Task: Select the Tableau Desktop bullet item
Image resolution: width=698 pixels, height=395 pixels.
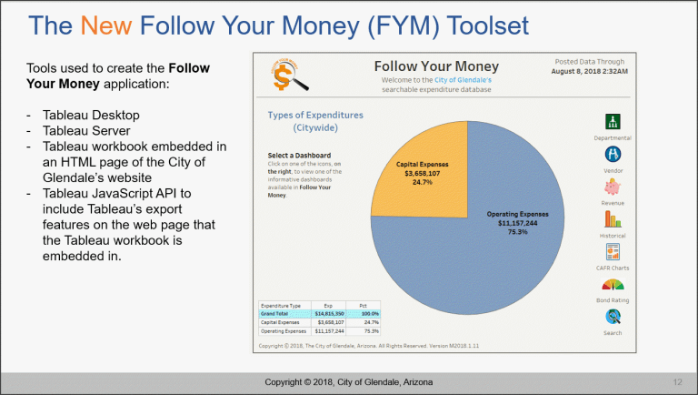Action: [x=83, y=116]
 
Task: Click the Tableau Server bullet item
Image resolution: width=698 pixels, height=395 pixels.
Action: [x=79, y=131]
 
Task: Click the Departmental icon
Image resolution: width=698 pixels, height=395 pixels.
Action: [x=613, y=122]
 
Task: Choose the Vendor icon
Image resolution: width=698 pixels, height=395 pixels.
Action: [x=613, y=154]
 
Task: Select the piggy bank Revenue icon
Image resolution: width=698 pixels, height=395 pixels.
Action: [x=613, y=187]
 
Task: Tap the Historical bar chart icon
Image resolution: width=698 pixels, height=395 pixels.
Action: [x=613, y=218]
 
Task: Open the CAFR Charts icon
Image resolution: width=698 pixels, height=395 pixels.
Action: [x=613, y=251]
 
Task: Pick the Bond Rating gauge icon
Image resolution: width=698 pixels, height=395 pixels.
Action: [x=613, y=284]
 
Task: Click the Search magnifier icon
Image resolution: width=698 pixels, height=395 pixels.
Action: [x=613, y=317]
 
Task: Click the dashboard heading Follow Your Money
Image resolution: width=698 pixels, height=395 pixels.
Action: [x=435, y=66]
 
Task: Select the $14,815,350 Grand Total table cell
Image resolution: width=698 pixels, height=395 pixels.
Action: [x=330, y=312]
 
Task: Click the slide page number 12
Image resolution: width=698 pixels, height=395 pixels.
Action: [x=677, y=380]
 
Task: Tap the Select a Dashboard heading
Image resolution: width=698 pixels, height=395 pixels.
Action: [x=299, y=156]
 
